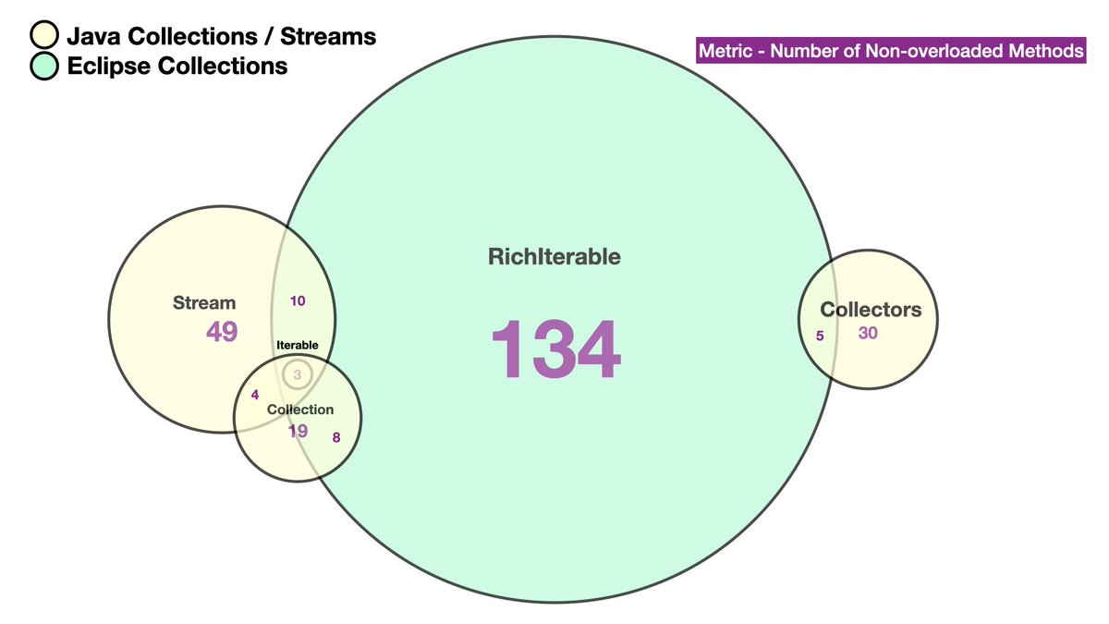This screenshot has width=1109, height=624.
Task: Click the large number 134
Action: pos(554,349)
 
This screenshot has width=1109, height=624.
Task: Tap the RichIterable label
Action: pos(554,257)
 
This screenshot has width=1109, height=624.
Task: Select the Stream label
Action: pos(204,302)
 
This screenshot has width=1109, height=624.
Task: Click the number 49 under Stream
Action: pos(222,331)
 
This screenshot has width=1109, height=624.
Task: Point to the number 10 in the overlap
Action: pos(298,300)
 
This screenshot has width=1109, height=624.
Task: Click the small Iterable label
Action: pos(298,345)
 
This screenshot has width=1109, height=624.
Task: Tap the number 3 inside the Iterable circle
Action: pos(298,374)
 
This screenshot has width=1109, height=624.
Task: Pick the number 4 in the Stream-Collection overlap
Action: pos(255,395)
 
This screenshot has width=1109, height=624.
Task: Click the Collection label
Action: pos(299,410)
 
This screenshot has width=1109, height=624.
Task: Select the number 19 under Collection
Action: pos(298,430)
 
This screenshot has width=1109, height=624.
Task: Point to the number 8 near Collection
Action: pos(336,437)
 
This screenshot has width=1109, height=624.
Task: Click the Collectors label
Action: pos(871,310)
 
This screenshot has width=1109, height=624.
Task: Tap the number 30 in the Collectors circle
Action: pos(868,334)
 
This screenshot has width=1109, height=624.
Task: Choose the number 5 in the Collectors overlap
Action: pos(820,336)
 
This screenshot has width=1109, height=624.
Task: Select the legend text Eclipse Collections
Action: pos(177,66)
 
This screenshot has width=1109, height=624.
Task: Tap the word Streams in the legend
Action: pos(330,36)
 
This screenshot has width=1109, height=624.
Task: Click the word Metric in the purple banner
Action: pos(726,51)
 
